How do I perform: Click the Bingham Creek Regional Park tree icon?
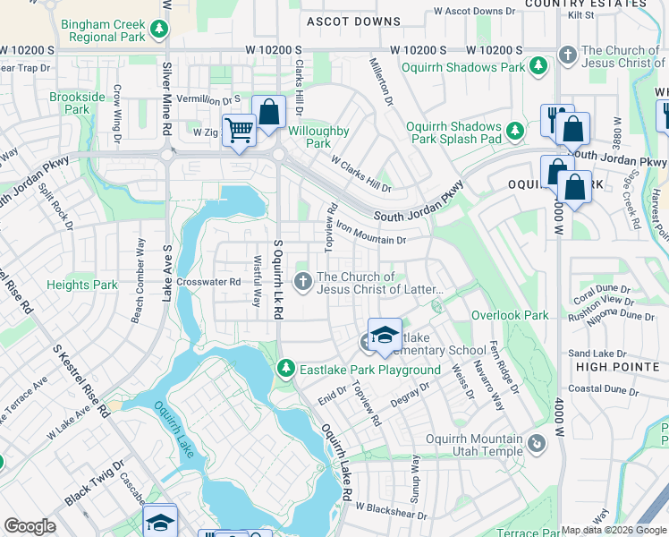[158, 30]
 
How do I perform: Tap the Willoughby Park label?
[319, 137]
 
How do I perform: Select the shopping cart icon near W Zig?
[239, 131]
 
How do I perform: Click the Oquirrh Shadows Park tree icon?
[538, 66]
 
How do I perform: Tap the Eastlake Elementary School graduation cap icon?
[384, 335]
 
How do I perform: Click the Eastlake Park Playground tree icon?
[285, 368]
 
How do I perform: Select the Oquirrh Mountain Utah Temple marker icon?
[536, 444]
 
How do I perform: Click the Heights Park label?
[82, 286]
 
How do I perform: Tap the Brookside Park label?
[70, 103]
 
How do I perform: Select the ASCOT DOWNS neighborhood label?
[353, 21]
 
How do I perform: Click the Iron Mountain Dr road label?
[371, 234]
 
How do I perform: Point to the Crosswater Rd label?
[209, 281]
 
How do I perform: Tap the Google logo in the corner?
[30, 526]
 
